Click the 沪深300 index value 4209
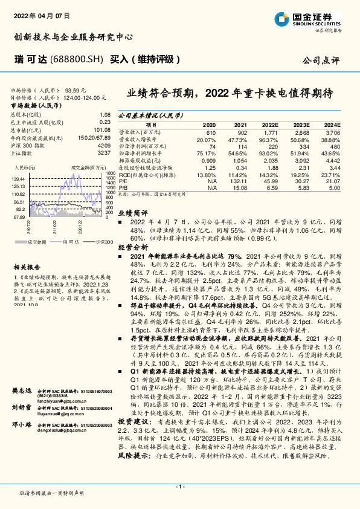tap(104, 146)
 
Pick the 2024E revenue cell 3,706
tap(332, 132)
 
